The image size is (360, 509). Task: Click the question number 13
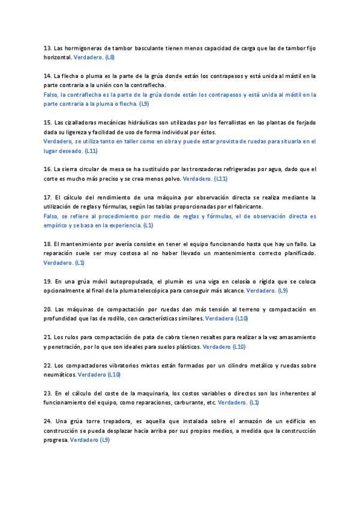pos(47,47)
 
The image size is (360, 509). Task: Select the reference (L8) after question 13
pos(109,57)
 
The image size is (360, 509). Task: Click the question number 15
pos(47,122)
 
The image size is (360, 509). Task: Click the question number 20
pos(47,309)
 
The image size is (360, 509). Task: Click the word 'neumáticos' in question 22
pos(59,375)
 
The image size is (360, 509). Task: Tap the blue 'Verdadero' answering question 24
pos(84,440)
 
